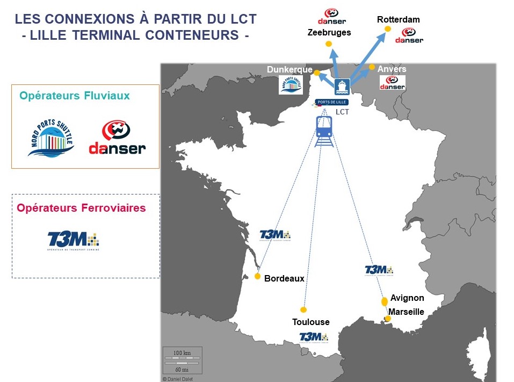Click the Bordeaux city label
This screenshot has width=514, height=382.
click(284, 279)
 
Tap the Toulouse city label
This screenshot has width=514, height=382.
click(310, 322)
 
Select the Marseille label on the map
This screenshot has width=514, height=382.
click(406, 312)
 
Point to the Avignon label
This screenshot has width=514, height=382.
click(407, 298)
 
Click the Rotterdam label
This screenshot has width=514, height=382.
click(398, 20)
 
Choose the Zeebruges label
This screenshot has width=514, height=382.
click(329, 32)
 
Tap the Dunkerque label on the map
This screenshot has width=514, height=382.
click(289, 70)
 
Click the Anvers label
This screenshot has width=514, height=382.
click(392, 69)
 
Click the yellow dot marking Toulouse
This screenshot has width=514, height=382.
click(303, 309)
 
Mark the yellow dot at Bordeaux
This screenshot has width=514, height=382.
click(257, 276)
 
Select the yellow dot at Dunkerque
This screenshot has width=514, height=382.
click(317, 73)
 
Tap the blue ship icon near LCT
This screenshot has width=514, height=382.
click(342, 87)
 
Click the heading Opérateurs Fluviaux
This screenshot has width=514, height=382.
click(75, 96)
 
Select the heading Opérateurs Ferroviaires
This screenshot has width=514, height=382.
click(81, 208)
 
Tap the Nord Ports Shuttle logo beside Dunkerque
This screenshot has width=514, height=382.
click(291, 84)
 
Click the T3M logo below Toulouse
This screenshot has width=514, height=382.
click(313, 337)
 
